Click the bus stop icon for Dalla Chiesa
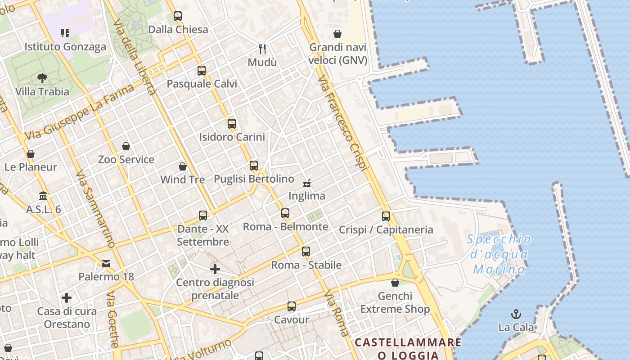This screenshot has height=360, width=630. tap(178, 17)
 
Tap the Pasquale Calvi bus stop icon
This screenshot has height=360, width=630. tap(202, 71)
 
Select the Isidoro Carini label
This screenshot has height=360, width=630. tap(232, 137)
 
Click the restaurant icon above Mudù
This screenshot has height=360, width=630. tap(263, 49)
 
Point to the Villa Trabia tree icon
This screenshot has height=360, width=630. tap(42, 79)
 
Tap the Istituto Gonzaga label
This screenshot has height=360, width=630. tap(65, 47)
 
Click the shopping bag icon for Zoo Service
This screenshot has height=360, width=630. tap(126, 146)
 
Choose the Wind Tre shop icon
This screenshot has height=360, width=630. tap(183, 166)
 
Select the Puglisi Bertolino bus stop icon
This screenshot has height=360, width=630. tap(254, 166)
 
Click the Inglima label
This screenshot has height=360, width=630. tap(306, 196)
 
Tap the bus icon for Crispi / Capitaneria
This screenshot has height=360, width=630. tap(386, 216)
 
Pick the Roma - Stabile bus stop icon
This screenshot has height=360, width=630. tap(306, 252)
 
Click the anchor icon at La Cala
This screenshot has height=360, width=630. tap(516, 314)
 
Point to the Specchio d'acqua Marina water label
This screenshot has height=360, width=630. tap(499, 254)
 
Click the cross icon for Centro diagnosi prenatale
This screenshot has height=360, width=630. tap(215, 269)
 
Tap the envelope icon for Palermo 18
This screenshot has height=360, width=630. tap(106, 263)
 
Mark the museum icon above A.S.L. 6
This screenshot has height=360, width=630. tap(44, 196)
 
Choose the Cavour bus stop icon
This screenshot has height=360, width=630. tap(292, 307)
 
